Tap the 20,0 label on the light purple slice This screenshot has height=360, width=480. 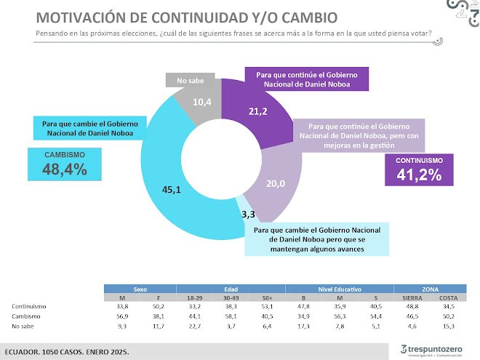276,184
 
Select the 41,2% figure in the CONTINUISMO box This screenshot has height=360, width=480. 420,175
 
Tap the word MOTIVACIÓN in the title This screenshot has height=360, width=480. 85,17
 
